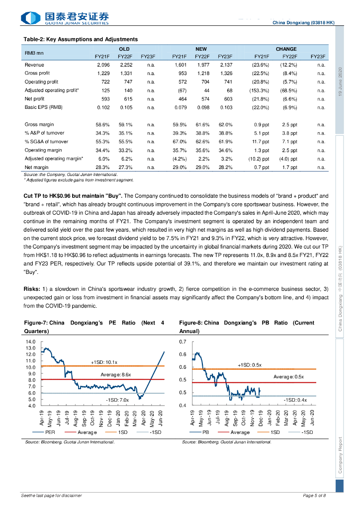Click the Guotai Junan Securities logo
pos(65,18)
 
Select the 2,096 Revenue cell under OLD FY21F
pos(103,65)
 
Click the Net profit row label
pos(35,99)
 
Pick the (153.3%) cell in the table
pos(259,90)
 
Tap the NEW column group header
pos(201,49)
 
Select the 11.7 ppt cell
pos(259,141)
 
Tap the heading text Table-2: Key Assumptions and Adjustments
pos(81,39)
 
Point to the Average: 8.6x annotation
pos(116,374)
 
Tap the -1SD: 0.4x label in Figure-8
pos(295,400)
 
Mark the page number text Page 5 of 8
pos(314,496)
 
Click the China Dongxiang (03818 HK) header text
pos(303,23)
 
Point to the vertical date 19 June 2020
pos(340,82)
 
